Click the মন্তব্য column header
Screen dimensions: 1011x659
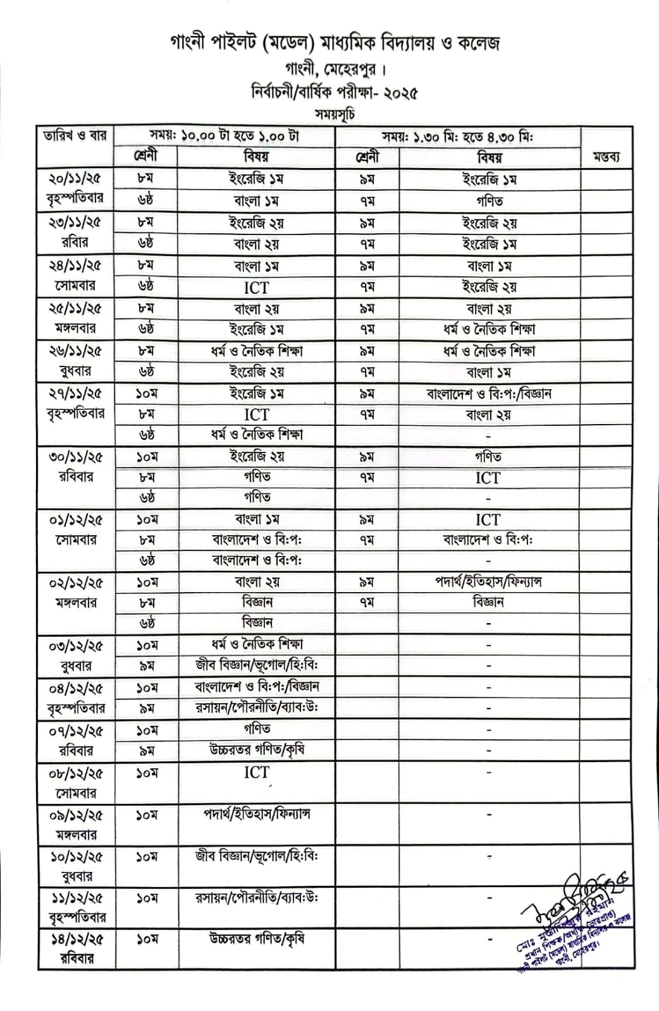[606, 157]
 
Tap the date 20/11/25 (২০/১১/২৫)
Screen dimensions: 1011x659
[75, 179]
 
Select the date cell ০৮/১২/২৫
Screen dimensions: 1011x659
[75, 773]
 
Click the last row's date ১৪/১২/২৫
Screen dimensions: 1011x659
[75, 940]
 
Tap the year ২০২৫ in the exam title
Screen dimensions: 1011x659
[396, 93]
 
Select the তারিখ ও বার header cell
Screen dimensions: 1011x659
[75, 136]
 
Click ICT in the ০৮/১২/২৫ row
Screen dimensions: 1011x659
[256, 773]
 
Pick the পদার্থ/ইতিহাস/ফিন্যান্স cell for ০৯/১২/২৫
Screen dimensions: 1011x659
[256, 814]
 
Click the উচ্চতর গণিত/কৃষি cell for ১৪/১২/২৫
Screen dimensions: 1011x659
[256, 939]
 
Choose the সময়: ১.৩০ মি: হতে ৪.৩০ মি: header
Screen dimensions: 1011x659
[458, 136]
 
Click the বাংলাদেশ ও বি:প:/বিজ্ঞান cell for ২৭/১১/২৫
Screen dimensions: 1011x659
[489, 394]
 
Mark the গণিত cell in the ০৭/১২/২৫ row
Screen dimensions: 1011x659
[256, 730]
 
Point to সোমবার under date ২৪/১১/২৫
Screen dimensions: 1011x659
[75, 286]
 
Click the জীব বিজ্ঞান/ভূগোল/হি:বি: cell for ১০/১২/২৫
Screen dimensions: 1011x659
[256, 856]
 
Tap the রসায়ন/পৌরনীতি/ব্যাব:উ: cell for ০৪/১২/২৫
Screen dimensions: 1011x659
[256, 708]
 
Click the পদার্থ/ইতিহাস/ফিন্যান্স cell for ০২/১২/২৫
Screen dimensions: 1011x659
[489, 582]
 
